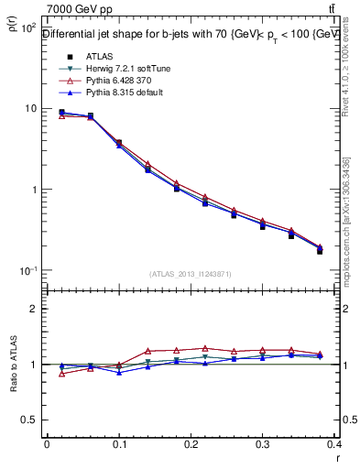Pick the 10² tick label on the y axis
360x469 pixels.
coord(27,28)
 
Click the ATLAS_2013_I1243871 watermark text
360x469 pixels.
coord(191,275)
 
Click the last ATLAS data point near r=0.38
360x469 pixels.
coord(320,251)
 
